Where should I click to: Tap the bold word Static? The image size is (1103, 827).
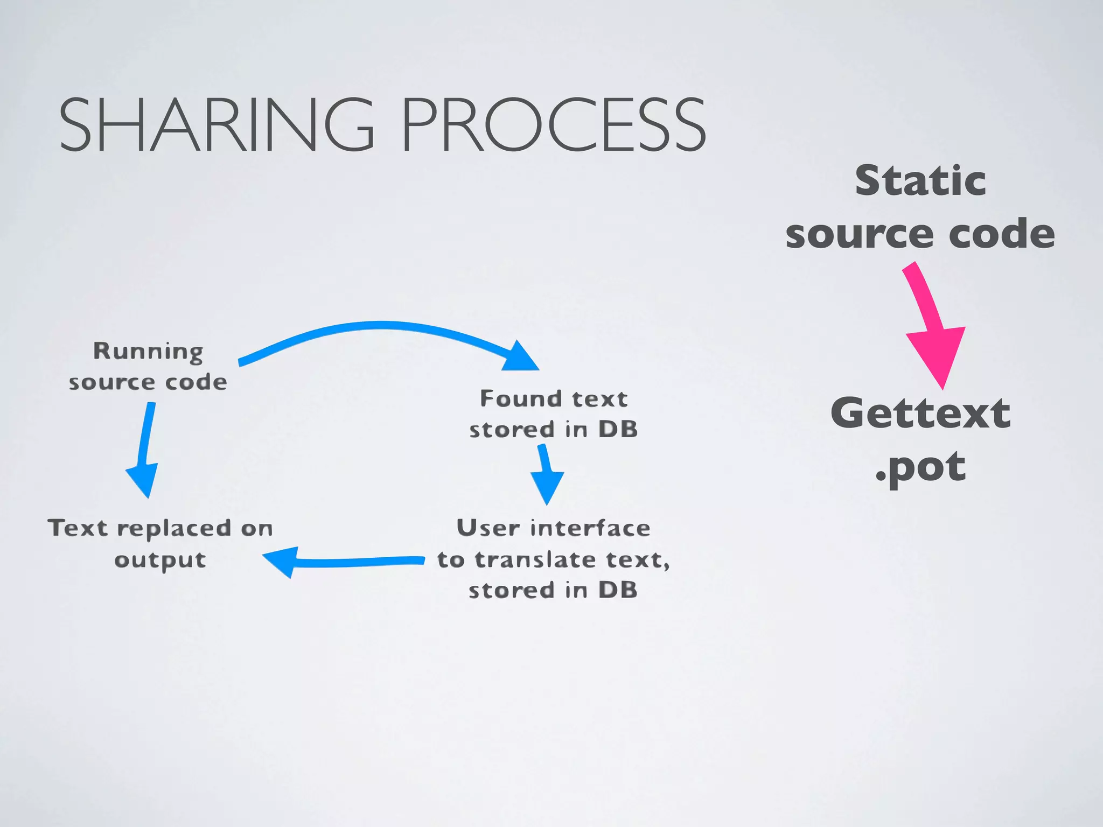click(920, 181)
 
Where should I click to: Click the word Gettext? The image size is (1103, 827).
click(920, 413)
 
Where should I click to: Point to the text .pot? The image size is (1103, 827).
click(920, 467)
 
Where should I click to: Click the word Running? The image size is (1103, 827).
click(148, 352)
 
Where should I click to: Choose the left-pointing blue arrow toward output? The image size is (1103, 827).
click(345, 562)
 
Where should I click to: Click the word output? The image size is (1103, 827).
click(160, 560)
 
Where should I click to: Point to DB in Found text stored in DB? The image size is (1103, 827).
click(618, 430)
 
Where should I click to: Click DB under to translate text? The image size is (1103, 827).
click(618, 590)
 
